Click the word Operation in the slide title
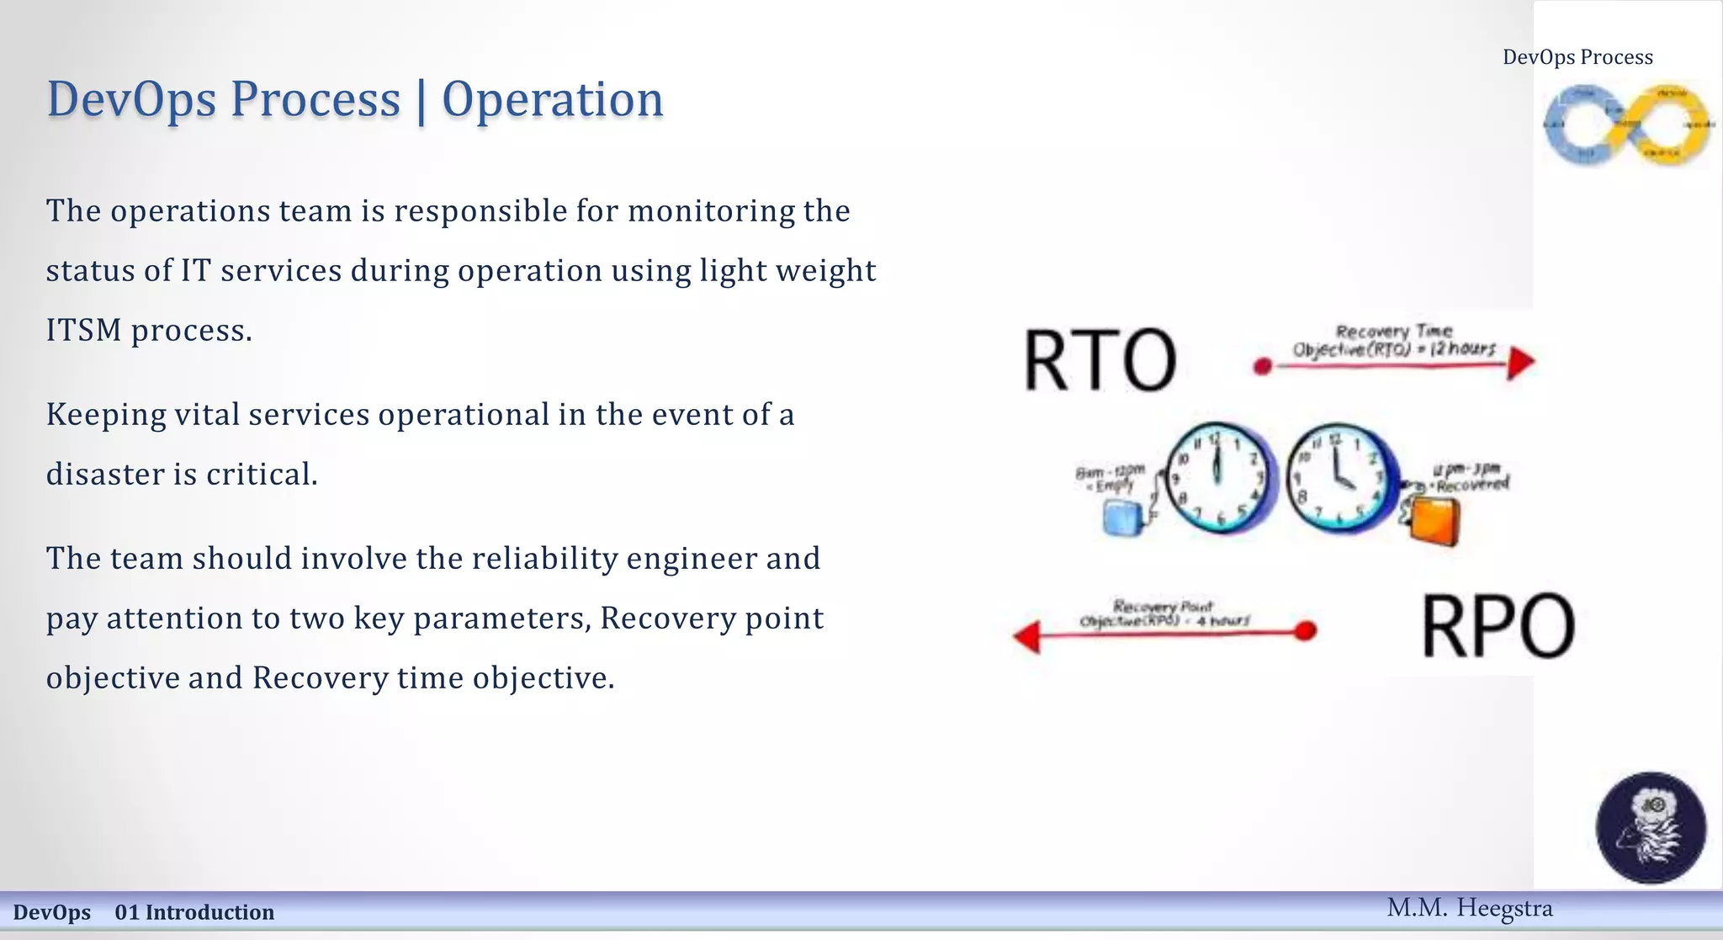tap(552, 99)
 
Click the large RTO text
tap(1099, 360)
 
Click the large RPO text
tap(1498, 625)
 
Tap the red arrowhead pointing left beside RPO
tap(1027, 636)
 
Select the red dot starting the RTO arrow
tap(1262, 366)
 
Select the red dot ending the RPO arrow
tap(1305, 630)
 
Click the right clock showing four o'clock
tap(1339, 478)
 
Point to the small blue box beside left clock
tap(1122, 518)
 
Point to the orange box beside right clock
tap(1434, 522)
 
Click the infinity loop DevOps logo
tap(1627, 125)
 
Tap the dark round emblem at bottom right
tap(1651, 827)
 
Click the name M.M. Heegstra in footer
tap(1469, 908)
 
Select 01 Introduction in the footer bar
tap(194, 912)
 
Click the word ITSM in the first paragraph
tap(83, 330)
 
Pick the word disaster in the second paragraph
tap(105, 474)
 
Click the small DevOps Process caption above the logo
tap(1577, 57)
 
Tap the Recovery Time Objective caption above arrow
tap(1394, 341)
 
